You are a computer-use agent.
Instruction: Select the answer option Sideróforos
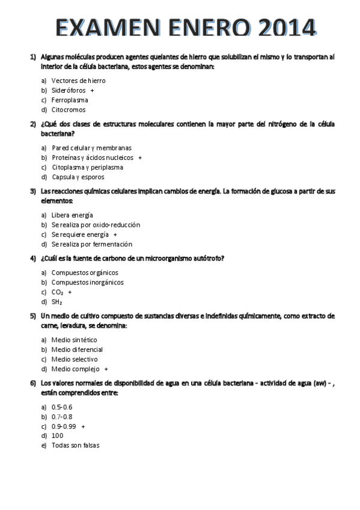(69, 90)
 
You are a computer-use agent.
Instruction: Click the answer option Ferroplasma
(70, 100)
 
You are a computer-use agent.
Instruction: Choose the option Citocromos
(69, 109)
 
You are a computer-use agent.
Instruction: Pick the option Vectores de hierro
(78, 80)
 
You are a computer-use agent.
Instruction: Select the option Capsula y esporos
(78, 177)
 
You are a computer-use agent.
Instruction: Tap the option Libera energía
(72, 215)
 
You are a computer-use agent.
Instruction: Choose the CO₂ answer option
(58, 292)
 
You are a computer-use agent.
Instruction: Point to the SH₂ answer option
(56, 302)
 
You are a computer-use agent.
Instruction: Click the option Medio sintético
(74, 340)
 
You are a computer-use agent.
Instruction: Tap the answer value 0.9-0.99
(64, 426)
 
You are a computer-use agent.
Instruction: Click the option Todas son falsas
(75, 445)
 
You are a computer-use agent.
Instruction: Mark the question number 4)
(34, 259)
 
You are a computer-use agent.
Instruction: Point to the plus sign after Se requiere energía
(115, 235)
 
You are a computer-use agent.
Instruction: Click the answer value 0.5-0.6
(61, 407)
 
